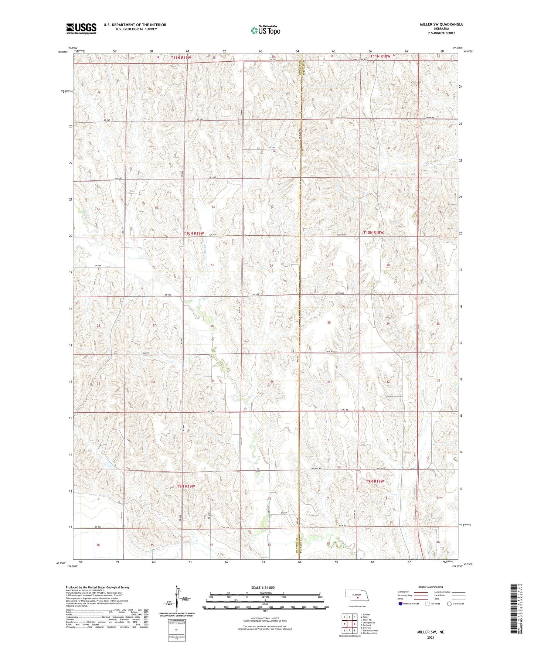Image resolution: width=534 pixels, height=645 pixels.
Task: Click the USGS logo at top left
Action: coord(81,28)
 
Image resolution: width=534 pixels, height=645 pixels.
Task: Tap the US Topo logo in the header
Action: coord(265,30)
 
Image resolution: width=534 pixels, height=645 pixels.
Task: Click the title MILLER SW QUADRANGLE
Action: coord(441,24)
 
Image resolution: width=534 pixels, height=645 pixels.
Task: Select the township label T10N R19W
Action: coord(194,233)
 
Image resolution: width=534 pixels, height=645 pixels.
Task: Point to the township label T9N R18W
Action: coord(375,481)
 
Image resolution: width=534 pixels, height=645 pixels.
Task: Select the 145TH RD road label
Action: coord(340,293)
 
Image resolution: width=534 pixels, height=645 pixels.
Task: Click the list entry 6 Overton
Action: coord(366,628)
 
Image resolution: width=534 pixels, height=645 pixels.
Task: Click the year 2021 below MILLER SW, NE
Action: coord(430,638)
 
